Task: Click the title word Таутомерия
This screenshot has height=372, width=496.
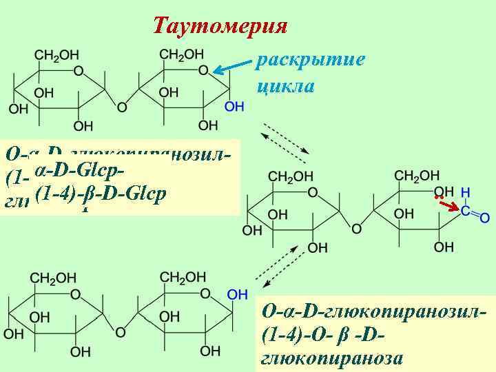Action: coord(219,25)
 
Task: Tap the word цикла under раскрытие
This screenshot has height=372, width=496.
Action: coord(285,86)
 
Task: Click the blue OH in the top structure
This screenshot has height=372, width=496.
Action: coord(234,106)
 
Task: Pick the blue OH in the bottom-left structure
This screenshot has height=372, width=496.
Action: coord(237,294)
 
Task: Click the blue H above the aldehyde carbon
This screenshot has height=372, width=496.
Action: coord(466,191)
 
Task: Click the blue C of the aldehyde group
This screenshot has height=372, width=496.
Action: coord(466,210)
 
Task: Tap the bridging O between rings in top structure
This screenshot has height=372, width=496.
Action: coord(122,107)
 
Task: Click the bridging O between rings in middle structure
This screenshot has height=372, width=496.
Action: coord(356,227)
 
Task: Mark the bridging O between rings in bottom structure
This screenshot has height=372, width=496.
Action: coord(121,332)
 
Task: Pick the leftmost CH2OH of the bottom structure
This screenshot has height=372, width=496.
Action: coord(53,278)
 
